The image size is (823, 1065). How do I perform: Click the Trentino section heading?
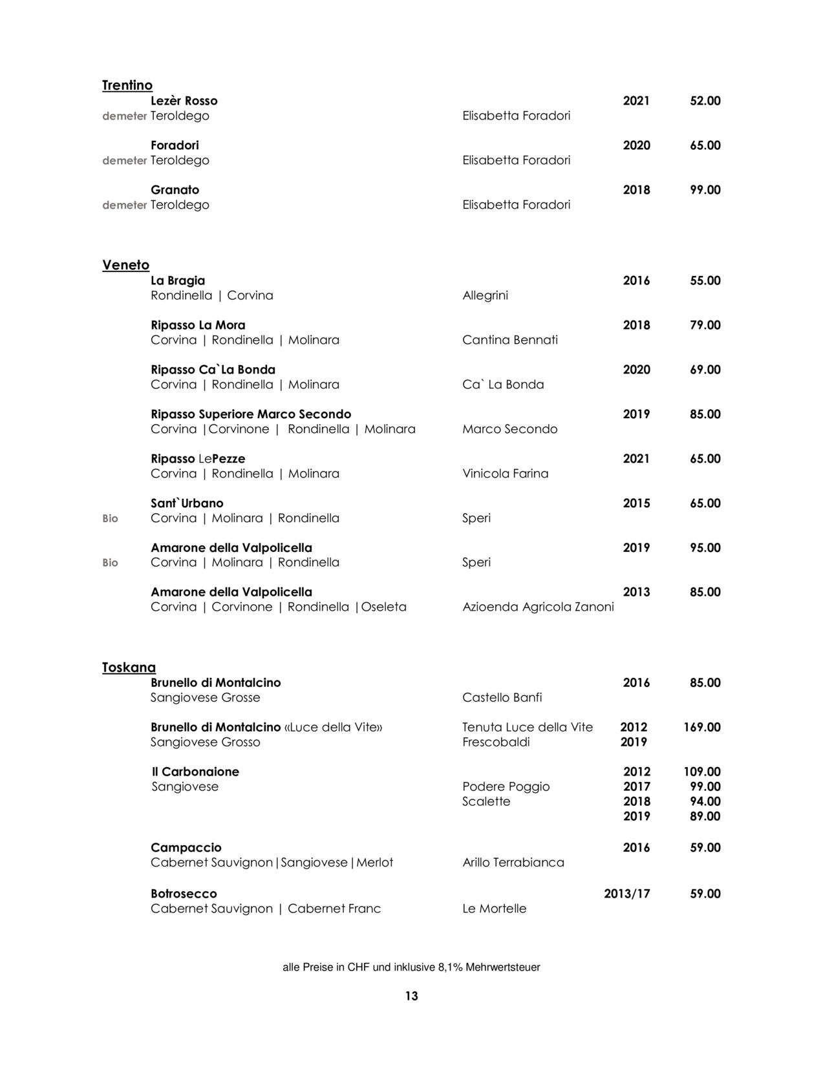click(127, 85)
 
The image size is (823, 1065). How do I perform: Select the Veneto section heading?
click(125, 265)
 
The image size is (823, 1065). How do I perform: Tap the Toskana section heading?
click(129, 668)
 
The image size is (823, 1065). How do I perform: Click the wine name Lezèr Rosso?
click(184, 101)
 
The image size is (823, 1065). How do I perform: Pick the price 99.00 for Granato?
click(705, 190)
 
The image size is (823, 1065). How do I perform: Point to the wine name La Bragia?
click(178, 280)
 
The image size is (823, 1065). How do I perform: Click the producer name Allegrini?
click(485, 295)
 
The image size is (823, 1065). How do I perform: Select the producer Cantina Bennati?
click(510, 340)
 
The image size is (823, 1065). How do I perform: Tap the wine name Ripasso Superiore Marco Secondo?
click(251, 414)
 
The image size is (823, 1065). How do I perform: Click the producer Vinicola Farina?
click(505, 474)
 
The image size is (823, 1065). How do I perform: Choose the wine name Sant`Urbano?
click(187, 503)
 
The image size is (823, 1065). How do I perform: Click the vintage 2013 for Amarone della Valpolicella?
click(636, 592)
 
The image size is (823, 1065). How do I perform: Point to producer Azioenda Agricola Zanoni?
click(538, 607)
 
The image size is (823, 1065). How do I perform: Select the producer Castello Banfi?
click(502, 697)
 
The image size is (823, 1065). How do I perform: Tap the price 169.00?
click(701, 727)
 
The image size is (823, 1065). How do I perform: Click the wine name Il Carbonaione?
click(195, 772)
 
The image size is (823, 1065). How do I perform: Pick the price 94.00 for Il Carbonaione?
click(705, 801)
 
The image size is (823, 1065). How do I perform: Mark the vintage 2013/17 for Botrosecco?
click(626, 894)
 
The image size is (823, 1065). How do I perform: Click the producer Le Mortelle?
click(494, 909)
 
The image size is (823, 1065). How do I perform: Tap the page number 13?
click(412, 996)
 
